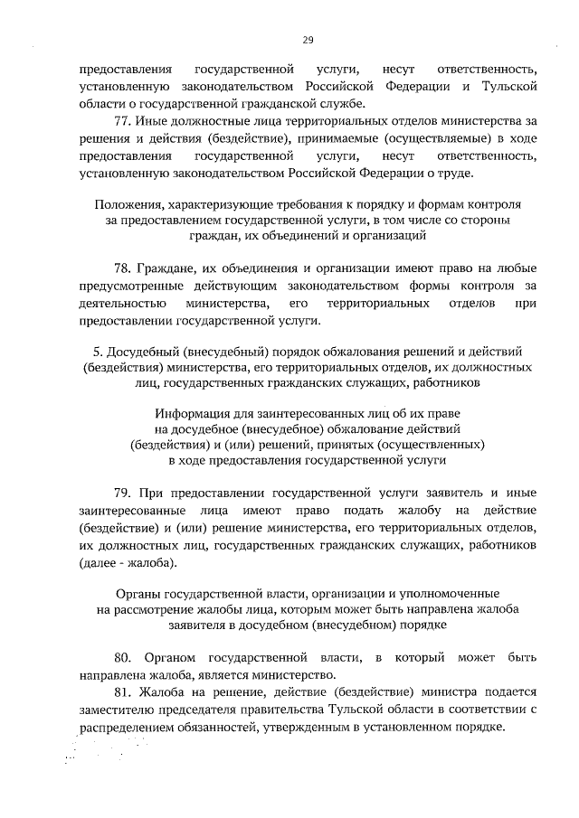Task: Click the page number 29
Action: click(307, 40)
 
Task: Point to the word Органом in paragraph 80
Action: click(169, 654)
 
